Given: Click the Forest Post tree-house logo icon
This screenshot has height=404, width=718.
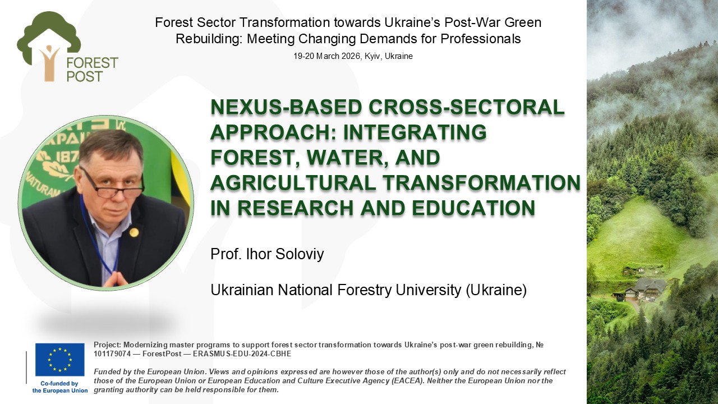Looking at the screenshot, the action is tap(48, 47).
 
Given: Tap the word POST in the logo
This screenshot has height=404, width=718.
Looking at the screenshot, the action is tap(85, 77).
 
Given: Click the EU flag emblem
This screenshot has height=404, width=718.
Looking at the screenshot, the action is tap(59, 360).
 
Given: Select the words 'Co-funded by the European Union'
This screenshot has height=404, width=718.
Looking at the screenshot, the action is tap(59, 387).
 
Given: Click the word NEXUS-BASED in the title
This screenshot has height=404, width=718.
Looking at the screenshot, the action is tap(286, 107).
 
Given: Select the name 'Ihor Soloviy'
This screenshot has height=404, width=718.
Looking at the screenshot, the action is tap(284, 254).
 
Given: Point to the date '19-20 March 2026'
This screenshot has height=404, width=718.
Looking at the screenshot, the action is tap(328, 56).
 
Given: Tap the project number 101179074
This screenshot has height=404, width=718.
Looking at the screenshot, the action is tap(112, 354).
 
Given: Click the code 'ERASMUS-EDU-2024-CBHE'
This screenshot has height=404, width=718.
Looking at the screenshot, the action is tap(242, 354).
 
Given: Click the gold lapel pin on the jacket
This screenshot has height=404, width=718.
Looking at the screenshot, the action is tap(134, 232).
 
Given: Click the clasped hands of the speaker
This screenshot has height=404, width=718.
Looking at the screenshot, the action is tap(115, 279).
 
